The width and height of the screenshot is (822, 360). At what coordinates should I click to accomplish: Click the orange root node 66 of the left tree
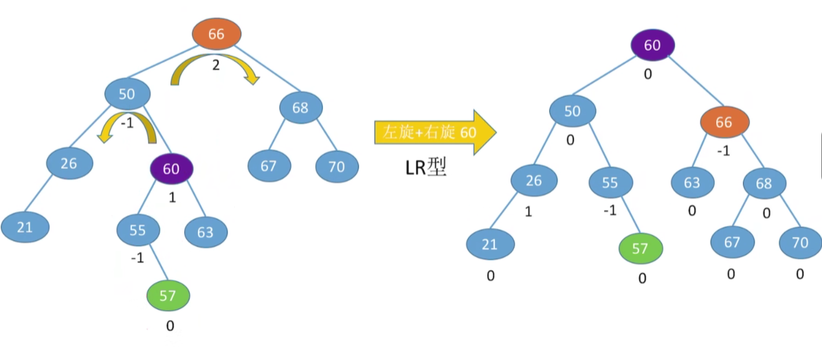(x=216, y=33)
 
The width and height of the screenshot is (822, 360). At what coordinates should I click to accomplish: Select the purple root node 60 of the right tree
(x=652, y=45)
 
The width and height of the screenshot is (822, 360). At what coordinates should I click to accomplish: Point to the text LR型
(x=425, y=168)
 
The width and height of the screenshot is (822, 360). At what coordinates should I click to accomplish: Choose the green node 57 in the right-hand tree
(x=640, y=249)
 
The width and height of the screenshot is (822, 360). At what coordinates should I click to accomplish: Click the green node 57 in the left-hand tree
(x=168, y=296)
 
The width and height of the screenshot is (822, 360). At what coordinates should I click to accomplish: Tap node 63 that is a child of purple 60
(x=205, y=232)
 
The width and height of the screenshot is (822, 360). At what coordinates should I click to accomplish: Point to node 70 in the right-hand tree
(x=800, y=242)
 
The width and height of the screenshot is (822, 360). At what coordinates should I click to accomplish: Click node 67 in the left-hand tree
(x=269, y=166)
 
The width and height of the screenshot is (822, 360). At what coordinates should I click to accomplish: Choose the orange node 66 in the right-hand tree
(x=724, y=123)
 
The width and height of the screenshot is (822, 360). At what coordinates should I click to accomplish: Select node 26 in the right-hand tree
(x=534, y=181)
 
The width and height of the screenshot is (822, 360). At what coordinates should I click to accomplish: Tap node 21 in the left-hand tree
(x=25, y=227)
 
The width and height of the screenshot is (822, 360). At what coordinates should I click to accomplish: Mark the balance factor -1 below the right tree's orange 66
(x=722, y=152)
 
